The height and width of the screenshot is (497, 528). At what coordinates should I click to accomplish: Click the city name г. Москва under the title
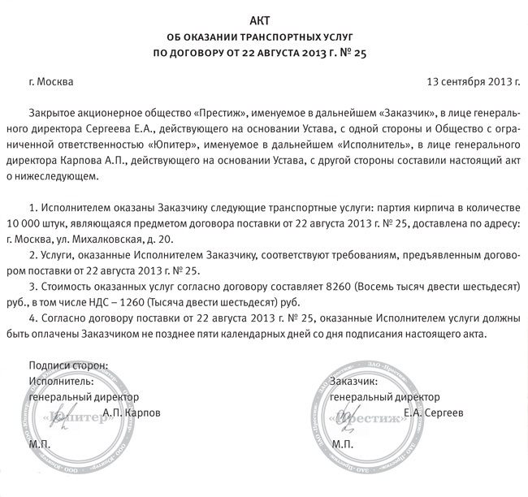50,82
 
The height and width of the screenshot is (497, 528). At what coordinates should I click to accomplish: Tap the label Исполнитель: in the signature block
60,381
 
